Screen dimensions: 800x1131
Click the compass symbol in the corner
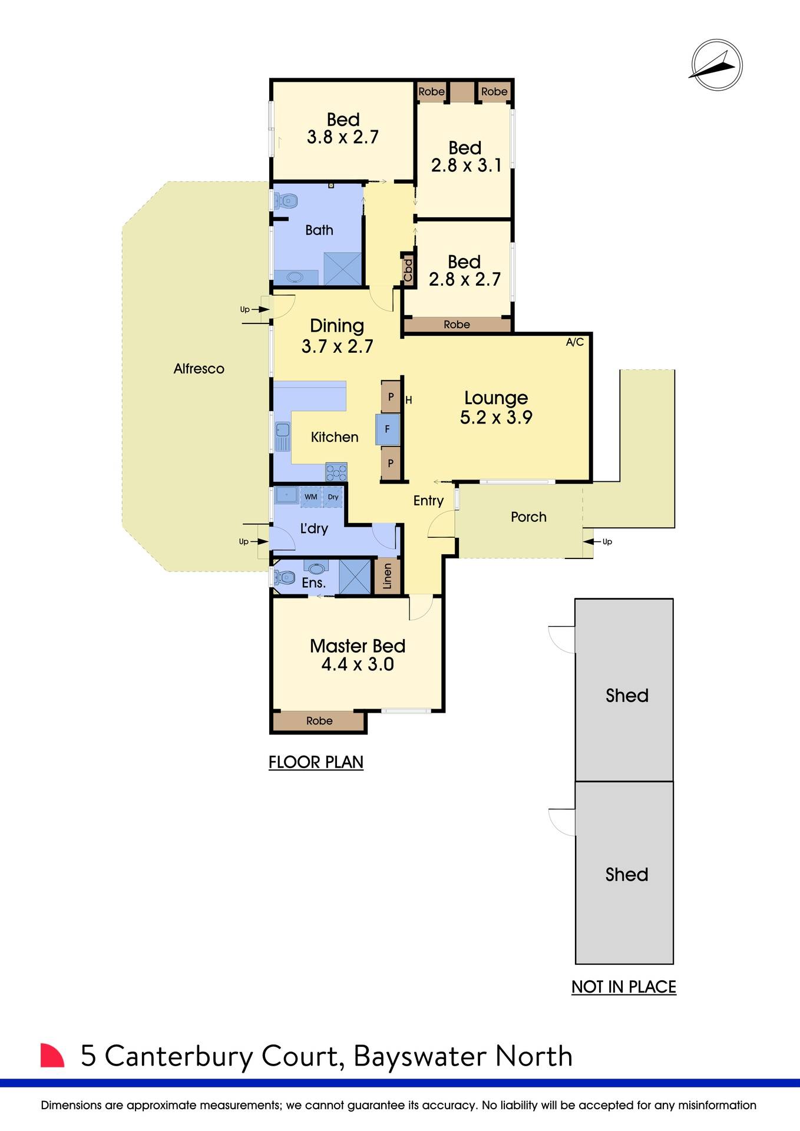click(x=716, y=65)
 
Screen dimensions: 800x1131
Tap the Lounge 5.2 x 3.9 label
click(x=496, y=408)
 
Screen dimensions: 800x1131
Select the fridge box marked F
click(x=387, y=429)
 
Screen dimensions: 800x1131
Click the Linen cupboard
click(x=387, y=576)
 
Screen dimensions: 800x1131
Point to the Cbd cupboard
click(x=408, y=270)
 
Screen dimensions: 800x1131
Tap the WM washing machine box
click(x=310, y=497)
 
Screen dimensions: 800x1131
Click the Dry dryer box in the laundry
click(x=333, y=497)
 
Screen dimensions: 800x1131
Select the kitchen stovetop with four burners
click(x=336, y=471)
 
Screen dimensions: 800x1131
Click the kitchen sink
click(x=283, y=436)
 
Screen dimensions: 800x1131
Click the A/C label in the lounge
click(x=574, y=342)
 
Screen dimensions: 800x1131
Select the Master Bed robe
click(x=319, y=721)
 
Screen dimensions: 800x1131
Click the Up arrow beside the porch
click(x=601, y=541)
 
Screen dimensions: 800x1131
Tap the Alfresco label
click(x=199, y=369)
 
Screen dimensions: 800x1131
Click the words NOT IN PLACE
click(x=623, y=987)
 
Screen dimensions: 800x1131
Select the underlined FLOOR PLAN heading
click(x=316, y=762)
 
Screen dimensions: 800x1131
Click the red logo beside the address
click(x=51, y=1055)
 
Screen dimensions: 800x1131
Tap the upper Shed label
click(x=627, y=696)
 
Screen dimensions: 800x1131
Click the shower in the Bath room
click(x=342, y=269)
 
